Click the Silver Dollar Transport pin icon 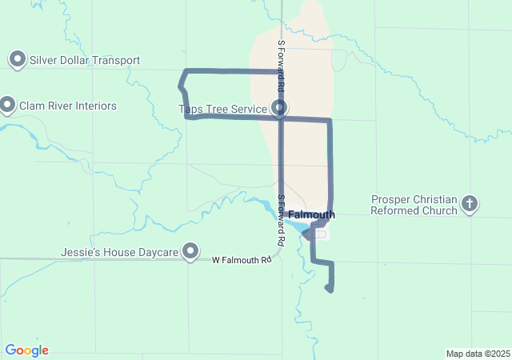[x=17, y=59]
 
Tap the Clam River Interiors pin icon [x=8, y=105]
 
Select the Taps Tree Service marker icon [x=279, y=107]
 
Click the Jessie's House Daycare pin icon [x=190, y=252]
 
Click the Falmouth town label [x=311, y=215]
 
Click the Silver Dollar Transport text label [x=85, y=60]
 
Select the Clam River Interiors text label [x=72, y=106]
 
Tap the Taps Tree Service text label [x=222, y=108]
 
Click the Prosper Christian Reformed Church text [x=414, y=205]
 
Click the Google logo [x=26, y=350]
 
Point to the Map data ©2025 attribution [x=478, y=354]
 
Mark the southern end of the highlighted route [x=330, y=290]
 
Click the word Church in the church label [x=436, y=210]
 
